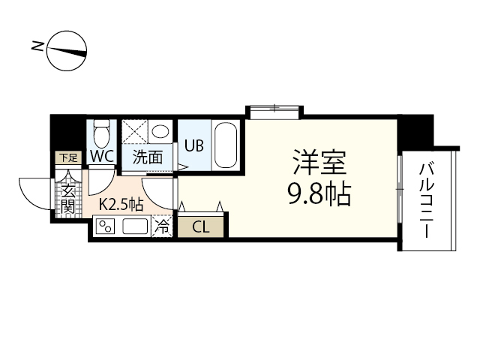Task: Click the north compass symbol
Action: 67,51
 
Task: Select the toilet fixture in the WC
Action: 102,133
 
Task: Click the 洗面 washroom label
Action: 148,157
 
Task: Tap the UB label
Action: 193,145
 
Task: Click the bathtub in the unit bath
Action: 226,145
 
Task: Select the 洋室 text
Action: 319,162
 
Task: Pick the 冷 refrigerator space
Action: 162,226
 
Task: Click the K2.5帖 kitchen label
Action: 121,203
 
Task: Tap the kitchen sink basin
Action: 135,226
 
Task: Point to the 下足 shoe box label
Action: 68,158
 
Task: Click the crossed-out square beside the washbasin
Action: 135,131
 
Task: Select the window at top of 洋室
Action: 274,111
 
